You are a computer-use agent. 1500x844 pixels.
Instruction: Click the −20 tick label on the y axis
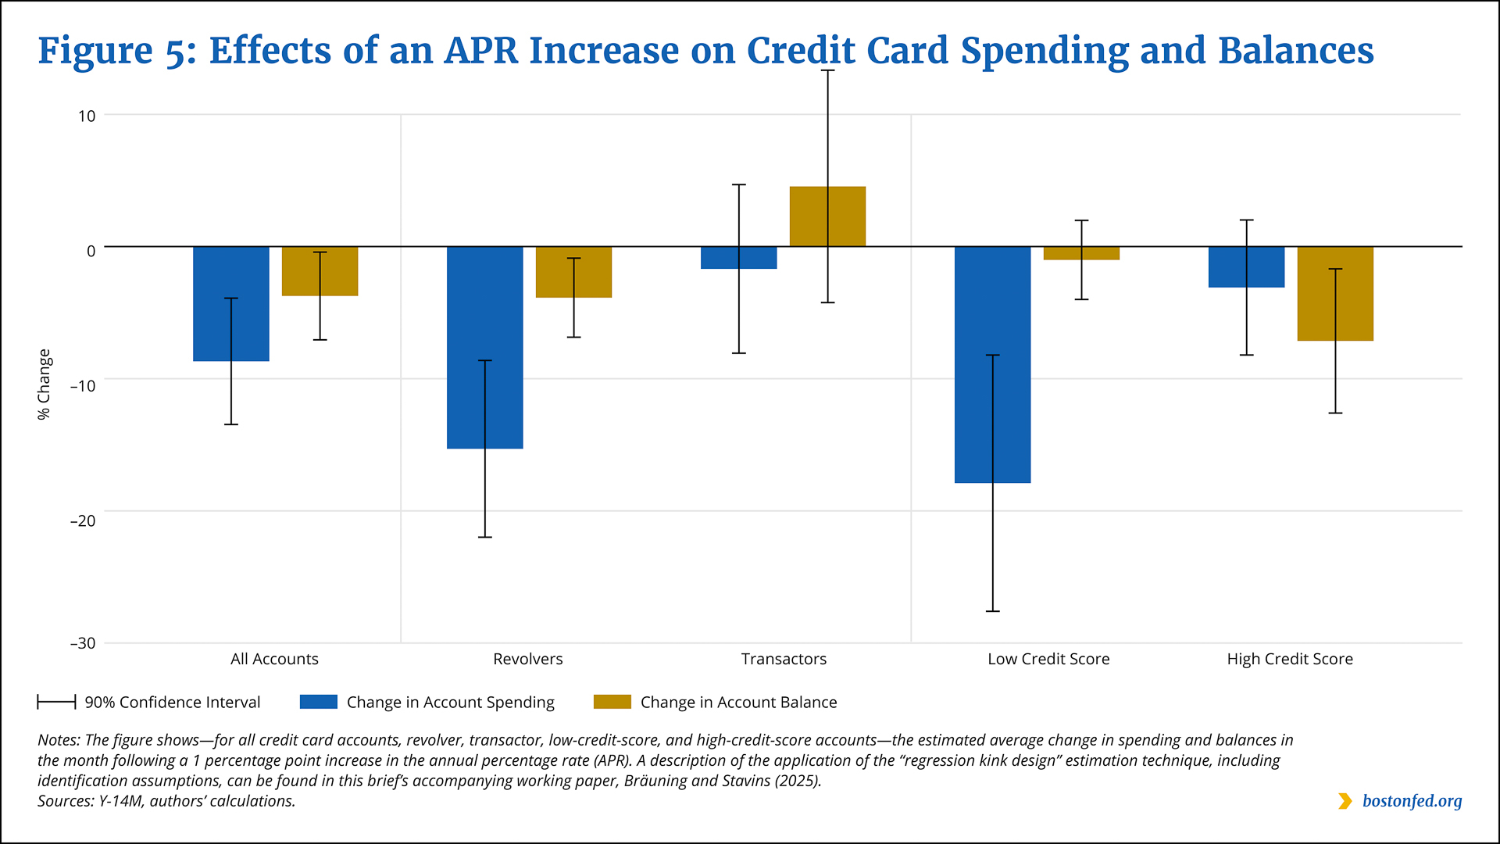click(x=83, y=520)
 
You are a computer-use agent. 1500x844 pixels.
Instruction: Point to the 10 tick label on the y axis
click(x=86, y=116)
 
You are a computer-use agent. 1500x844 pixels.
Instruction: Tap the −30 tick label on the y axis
click(x=83, y=643)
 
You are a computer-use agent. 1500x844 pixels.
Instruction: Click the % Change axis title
click(x=44, y=384)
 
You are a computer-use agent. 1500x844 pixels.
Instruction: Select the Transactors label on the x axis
click(x=784, y=659)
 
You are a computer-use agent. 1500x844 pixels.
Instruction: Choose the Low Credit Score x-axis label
click(x=1048, y=659)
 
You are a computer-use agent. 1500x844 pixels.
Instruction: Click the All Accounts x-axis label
click(x=274, y=659)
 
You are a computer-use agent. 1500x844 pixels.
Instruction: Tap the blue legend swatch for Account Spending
click(x=318, y=702)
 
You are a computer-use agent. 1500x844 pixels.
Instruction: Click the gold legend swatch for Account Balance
click(x=612, y=702)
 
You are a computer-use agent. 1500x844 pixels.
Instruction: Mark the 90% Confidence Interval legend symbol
click(x=56, y=702)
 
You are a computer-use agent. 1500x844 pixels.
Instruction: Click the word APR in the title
click(x=480, y=51)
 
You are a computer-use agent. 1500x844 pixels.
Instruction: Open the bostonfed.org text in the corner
click(x=1412, y=801)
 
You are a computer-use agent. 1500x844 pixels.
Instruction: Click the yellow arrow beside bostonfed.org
click(x=1345, y=801)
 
